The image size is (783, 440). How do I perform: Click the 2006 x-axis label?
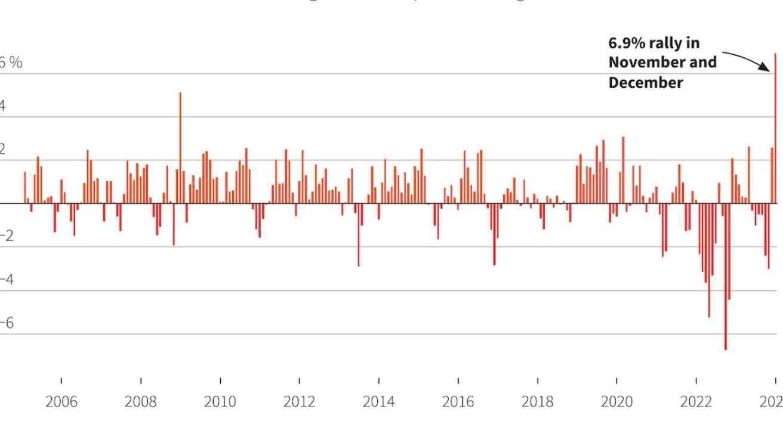(61, 402)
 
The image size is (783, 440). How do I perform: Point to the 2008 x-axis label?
(141, 402)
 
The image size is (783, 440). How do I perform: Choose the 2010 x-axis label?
(220, 402)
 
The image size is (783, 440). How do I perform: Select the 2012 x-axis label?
(300, 402)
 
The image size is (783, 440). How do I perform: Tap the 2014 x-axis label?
(379, 402)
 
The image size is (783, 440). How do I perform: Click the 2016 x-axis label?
(458, 402)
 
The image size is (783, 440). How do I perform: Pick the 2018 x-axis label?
(538, 402)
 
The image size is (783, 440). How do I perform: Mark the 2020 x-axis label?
(616, 402)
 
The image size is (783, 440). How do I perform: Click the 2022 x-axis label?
(696, 402)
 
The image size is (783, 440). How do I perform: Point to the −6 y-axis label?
(7, 323)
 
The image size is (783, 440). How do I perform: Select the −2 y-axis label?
(7, 236)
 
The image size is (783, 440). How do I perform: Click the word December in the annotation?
(646, 83)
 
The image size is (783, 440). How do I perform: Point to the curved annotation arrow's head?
(770, 70)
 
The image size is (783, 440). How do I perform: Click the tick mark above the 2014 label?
(379, 381)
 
